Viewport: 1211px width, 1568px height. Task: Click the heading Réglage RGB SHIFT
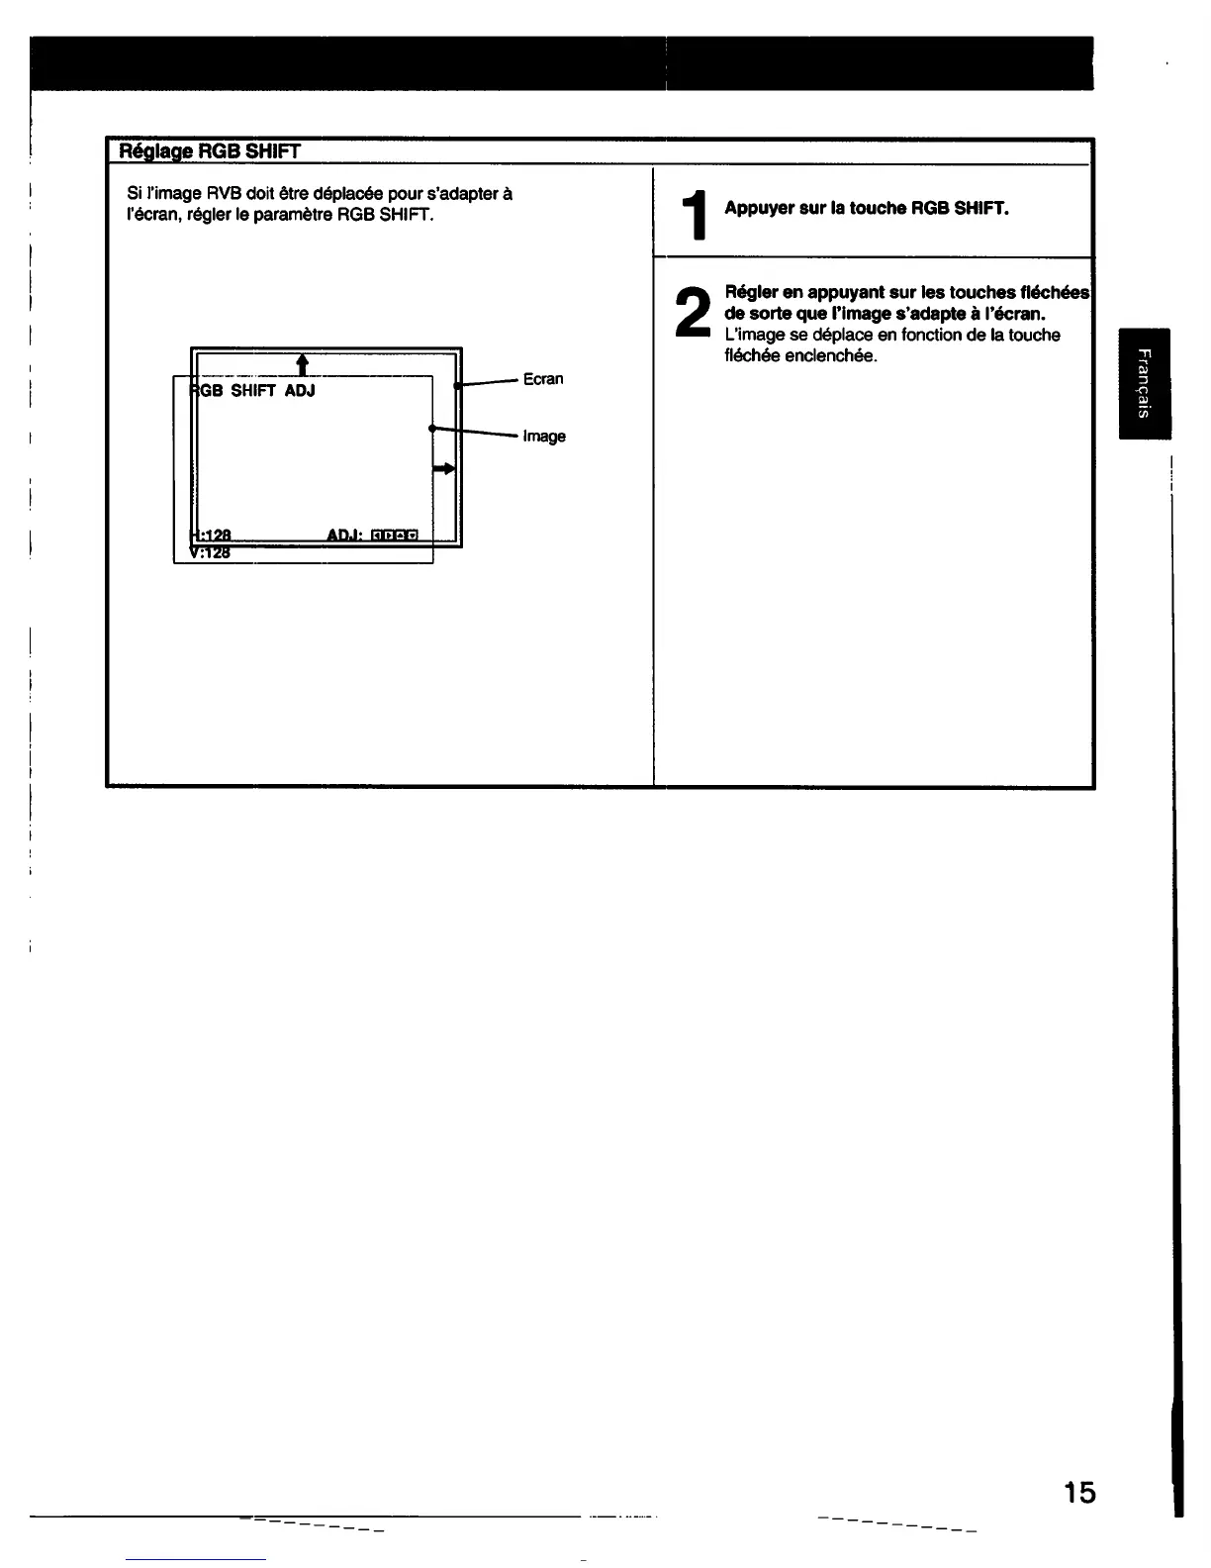click(209, 151)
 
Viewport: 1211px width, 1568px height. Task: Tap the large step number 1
click(698, 216)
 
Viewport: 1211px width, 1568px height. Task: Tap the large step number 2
click(694, 311)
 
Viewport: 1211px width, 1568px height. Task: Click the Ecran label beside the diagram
click(543, 379)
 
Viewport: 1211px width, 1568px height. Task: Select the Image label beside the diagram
click(544, 437)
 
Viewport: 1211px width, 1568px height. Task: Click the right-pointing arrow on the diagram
click(444, 468)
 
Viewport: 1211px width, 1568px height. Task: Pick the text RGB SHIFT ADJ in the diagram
click(252, 391)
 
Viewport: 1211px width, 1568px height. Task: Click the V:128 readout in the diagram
click(210, 553)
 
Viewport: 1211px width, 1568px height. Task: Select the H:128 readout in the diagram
click(210, 536)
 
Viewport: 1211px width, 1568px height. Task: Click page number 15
click(1079, 1492)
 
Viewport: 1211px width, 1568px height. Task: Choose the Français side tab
click(1144, 383)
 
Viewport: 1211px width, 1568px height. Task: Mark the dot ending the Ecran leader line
click(457, 387)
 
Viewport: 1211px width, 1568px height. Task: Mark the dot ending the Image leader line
click(432, 428)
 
